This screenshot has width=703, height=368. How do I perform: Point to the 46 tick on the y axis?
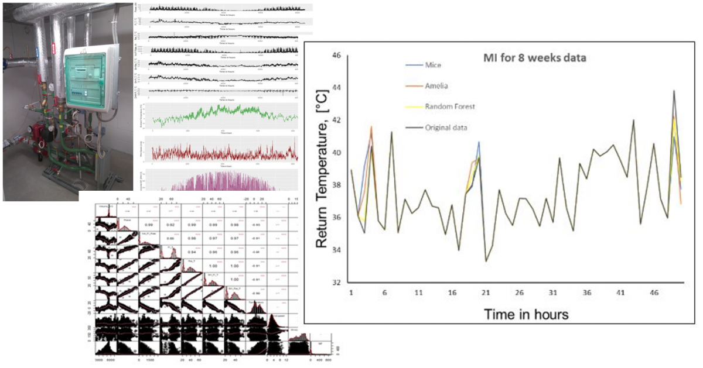pos(336,56)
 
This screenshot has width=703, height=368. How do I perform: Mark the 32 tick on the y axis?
pos(336,283)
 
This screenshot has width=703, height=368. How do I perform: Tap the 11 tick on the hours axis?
pos(418,292)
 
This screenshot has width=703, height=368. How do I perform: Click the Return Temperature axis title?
pos(322,169)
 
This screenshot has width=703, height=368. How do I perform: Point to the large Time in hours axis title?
pos(525,314)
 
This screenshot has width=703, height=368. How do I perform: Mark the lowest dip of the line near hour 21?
pos(486,261)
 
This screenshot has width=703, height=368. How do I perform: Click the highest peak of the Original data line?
pos(674,91)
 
